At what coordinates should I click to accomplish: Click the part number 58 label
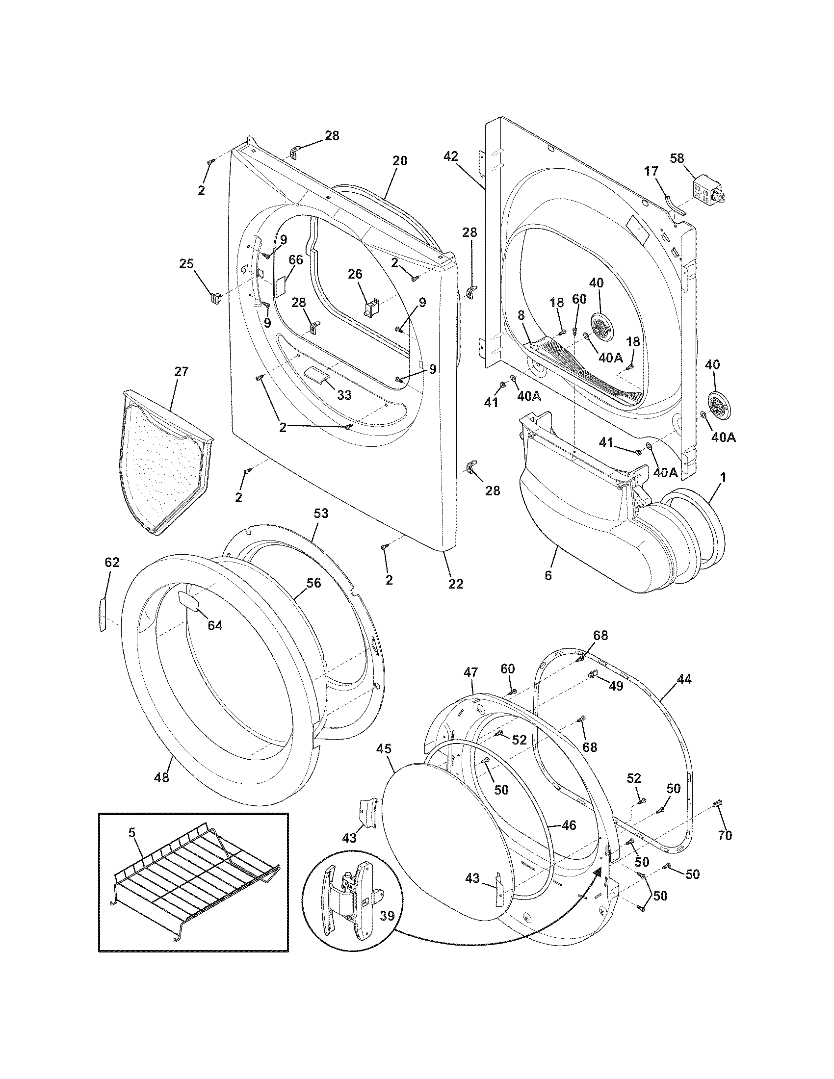(x=677, y=158)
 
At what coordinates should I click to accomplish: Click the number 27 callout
(x=182, y=372)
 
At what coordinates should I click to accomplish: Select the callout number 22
(x=456, y=584)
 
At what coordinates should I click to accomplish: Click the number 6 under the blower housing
(x=547, y=575)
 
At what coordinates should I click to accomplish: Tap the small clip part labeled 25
(x=214, y=299)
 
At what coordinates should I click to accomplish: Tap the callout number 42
(x=450, y=156)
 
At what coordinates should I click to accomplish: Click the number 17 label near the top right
(x=651, y=172)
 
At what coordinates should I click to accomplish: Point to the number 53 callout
(x=321, y=514)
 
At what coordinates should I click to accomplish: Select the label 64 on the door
(x=215, y=625)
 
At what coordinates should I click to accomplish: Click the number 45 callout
(x=384, y=749)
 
